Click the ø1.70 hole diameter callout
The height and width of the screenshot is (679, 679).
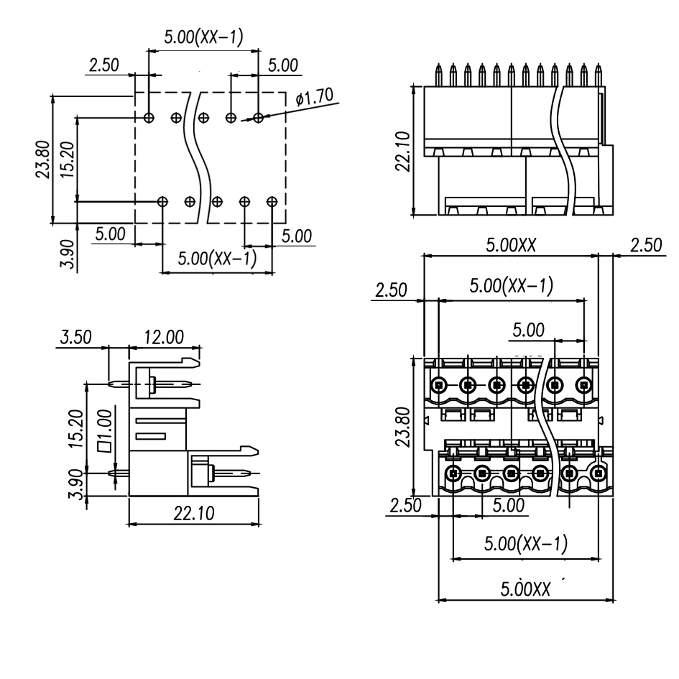[313, 97]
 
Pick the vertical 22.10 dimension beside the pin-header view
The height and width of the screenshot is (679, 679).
[403, 152]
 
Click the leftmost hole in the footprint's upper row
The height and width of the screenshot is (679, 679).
[148, 117]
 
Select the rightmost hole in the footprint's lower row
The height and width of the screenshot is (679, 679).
[272, 202]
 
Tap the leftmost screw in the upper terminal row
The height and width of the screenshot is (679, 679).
[438, 384]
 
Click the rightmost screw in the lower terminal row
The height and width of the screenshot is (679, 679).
[599, 474]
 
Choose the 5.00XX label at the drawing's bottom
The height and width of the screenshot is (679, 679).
[525, 588]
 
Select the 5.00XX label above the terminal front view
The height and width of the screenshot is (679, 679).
[511, 245]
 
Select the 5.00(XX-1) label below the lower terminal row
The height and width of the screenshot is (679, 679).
[525, 544]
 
